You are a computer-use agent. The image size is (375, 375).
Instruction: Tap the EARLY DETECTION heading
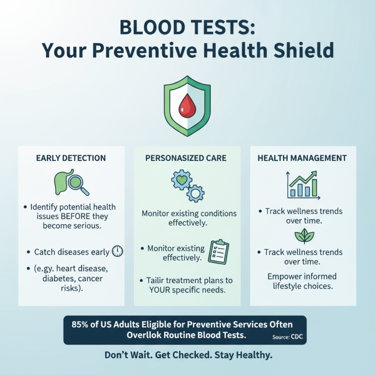coord(71,158)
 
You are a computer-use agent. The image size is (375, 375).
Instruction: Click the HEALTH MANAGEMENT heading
coord(302,158)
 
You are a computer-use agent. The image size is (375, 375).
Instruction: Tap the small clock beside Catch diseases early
coord(117,252)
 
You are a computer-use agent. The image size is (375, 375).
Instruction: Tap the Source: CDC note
coord(287,337)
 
